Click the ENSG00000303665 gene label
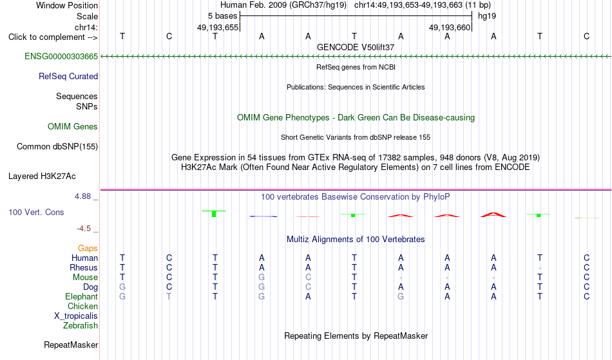coord(61,57)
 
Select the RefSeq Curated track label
coord(68,77)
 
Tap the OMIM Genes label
coord(73,126)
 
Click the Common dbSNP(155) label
coord(57,147)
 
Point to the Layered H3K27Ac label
coord(42,176)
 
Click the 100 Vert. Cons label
coord(36,212)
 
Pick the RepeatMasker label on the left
coord(71,345)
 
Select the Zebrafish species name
coord(81,326)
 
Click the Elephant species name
coord(82,297)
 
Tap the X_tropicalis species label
coord(76,316)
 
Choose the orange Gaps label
coord(88,249)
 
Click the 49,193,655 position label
coord(217,27)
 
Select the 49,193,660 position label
coord(450,27)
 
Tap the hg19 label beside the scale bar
coord(487,16)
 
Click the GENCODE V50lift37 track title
coord(356,47)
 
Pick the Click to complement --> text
coord(53,37)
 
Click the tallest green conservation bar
coord(214,214)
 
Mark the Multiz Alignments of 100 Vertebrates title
coord(356,239)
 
